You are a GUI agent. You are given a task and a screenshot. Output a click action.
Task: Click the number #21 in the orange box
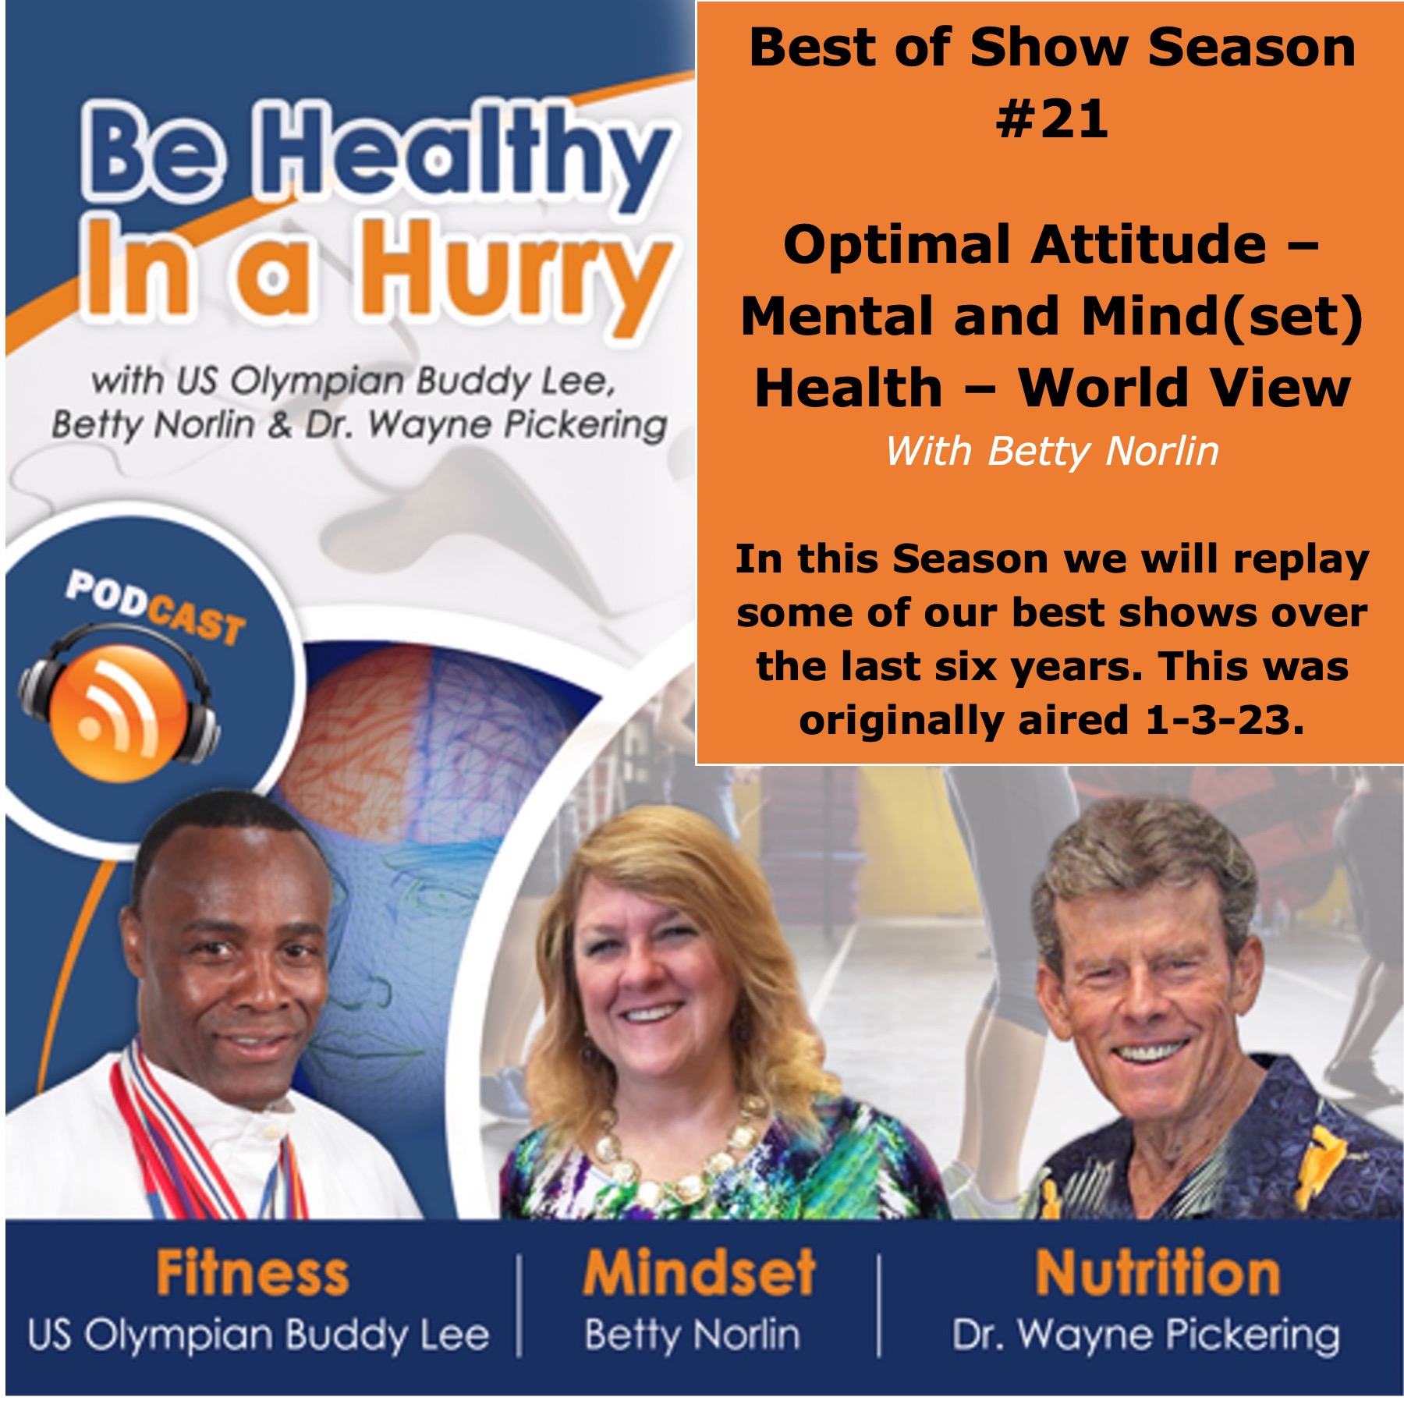[1051, 119]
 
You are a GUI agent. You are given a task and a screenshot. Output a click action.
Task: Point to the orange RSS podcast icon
[118, 711]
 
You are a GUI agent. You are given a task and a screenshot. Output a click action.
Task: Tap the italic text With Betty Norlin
[1051, 452]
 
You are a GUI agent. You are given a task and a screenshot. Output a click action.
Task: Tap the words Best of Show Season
[1051, 48]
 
